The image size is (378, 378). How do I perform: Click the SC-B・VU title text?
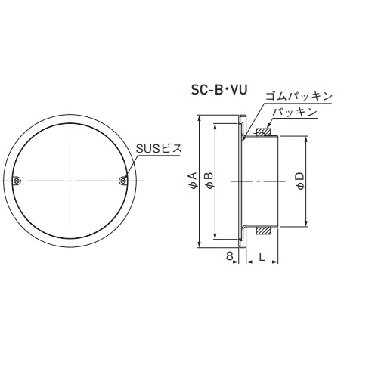[x=219, y=90]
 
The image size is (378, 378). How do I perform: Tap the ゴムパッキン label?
[x=299, y=97]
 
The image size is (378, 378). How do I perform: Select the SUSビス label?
[x=159, y=149]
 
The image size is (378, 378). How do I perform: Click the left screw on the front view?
[x=17, y=181]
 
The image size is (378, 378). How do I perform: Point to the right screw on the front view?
[x=122, y=181]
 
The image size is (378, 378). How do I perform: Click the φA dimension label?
[x=193, y=181]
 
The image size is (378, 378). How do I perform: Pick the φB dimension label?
[x=209, y=181]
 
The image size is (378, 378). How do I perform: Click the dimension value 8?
[x=229, y=256]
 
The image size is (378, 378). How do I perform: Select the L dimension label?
[x=262, y=256]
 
